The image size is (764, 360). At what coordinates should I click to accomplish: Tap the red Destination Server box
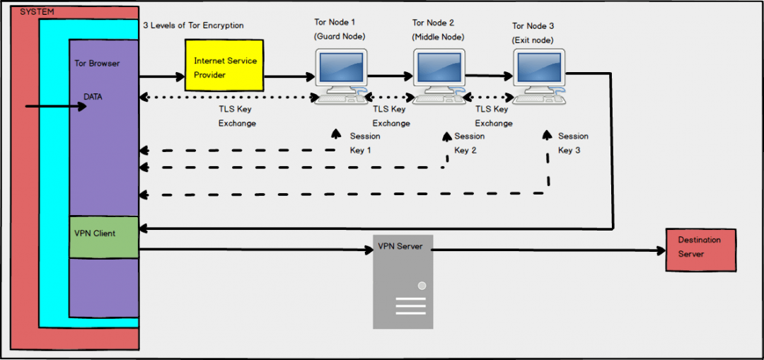700,250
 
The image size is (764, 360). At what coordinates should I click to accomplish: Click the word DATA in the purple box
93,97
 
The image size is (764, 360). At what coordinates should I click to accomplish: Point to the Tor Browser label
97,63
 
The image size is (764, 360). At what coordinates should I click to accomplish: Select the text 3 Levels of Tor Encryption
193,25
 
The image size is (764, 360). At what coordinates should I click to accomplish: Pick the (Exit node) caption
533,40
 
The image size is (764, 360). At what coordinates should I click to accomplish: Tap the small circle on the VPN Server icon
422,286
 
